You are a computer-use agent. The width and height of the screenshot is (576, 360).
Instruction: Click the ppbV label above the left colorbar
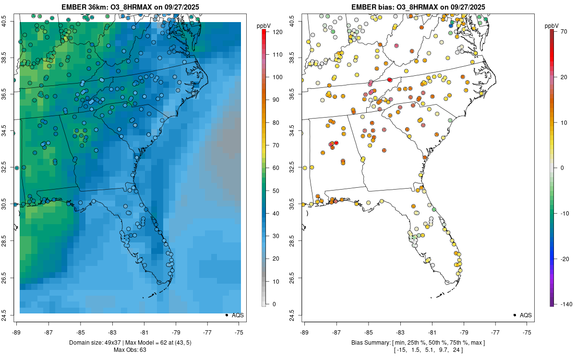[x=264, y=25]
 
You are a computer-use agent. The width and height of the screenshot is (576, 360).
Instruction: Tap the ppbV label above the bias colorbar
[x=552, y=25]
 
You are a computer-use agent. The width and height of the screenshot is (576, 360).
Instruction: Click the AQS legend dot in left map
[x=226, y=315]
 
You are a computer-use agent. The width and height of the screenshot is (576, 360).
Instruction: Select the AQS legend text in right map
[x=526, y=315]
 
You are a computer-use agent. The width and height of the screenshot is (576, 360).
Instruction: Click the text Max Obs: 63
[x=130, y=349]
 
